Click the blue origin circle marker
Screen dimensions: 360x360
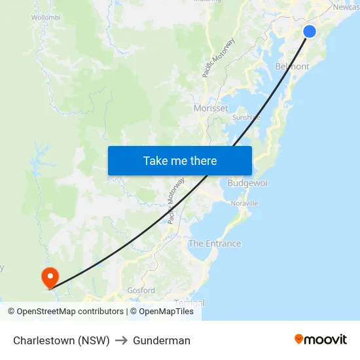(310, 31)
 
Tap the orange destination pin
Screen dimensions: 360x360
(50, 277)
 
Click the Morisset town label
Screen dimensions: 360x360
(211, 108)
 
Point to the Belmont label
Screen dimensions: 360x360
(292, 67)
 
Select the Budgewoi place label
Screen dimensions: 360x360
(247, 183)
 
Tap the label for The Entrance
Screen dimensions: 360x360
(215, 243)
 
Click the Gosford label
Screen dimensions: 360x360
(141, 290)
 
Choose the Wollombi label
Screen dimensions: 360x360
(46, 17)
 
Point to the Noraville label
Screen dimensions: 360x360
(244, 204)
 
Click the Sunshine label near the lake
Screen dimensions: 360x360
(246, 118)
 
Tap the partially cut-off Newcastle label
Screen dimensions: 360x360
(346, 7)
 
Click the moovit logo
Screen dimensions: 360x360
(321, 340)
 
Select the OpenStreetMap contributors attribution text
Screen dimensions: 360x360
(65, 312)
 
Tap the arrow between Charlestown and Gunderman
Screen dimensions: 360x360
(121, 340)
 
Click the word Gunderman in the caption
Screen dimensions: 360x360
(162, 340)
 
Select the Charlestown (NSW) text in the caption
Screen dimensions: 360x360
(61, 340)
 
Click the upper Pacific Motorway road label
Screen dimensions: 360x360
(219, 58)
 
